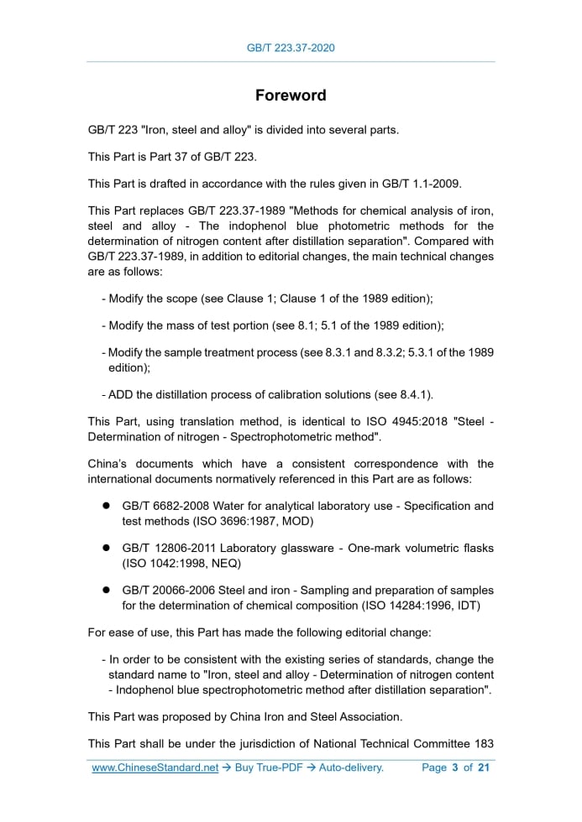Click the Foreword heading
[x=291, y=96]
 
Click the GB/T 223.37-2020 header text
[x=291, y=48]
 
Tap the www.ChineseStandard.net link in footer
[x=155, y=767]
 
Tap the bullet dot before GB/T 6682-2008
[x=107, y=506]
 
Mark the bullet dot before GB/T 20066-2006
[x=107, y=590]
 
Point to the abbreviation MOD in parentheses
[x=295, y=521]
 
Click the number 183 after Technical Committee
[x=483, y=744]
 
